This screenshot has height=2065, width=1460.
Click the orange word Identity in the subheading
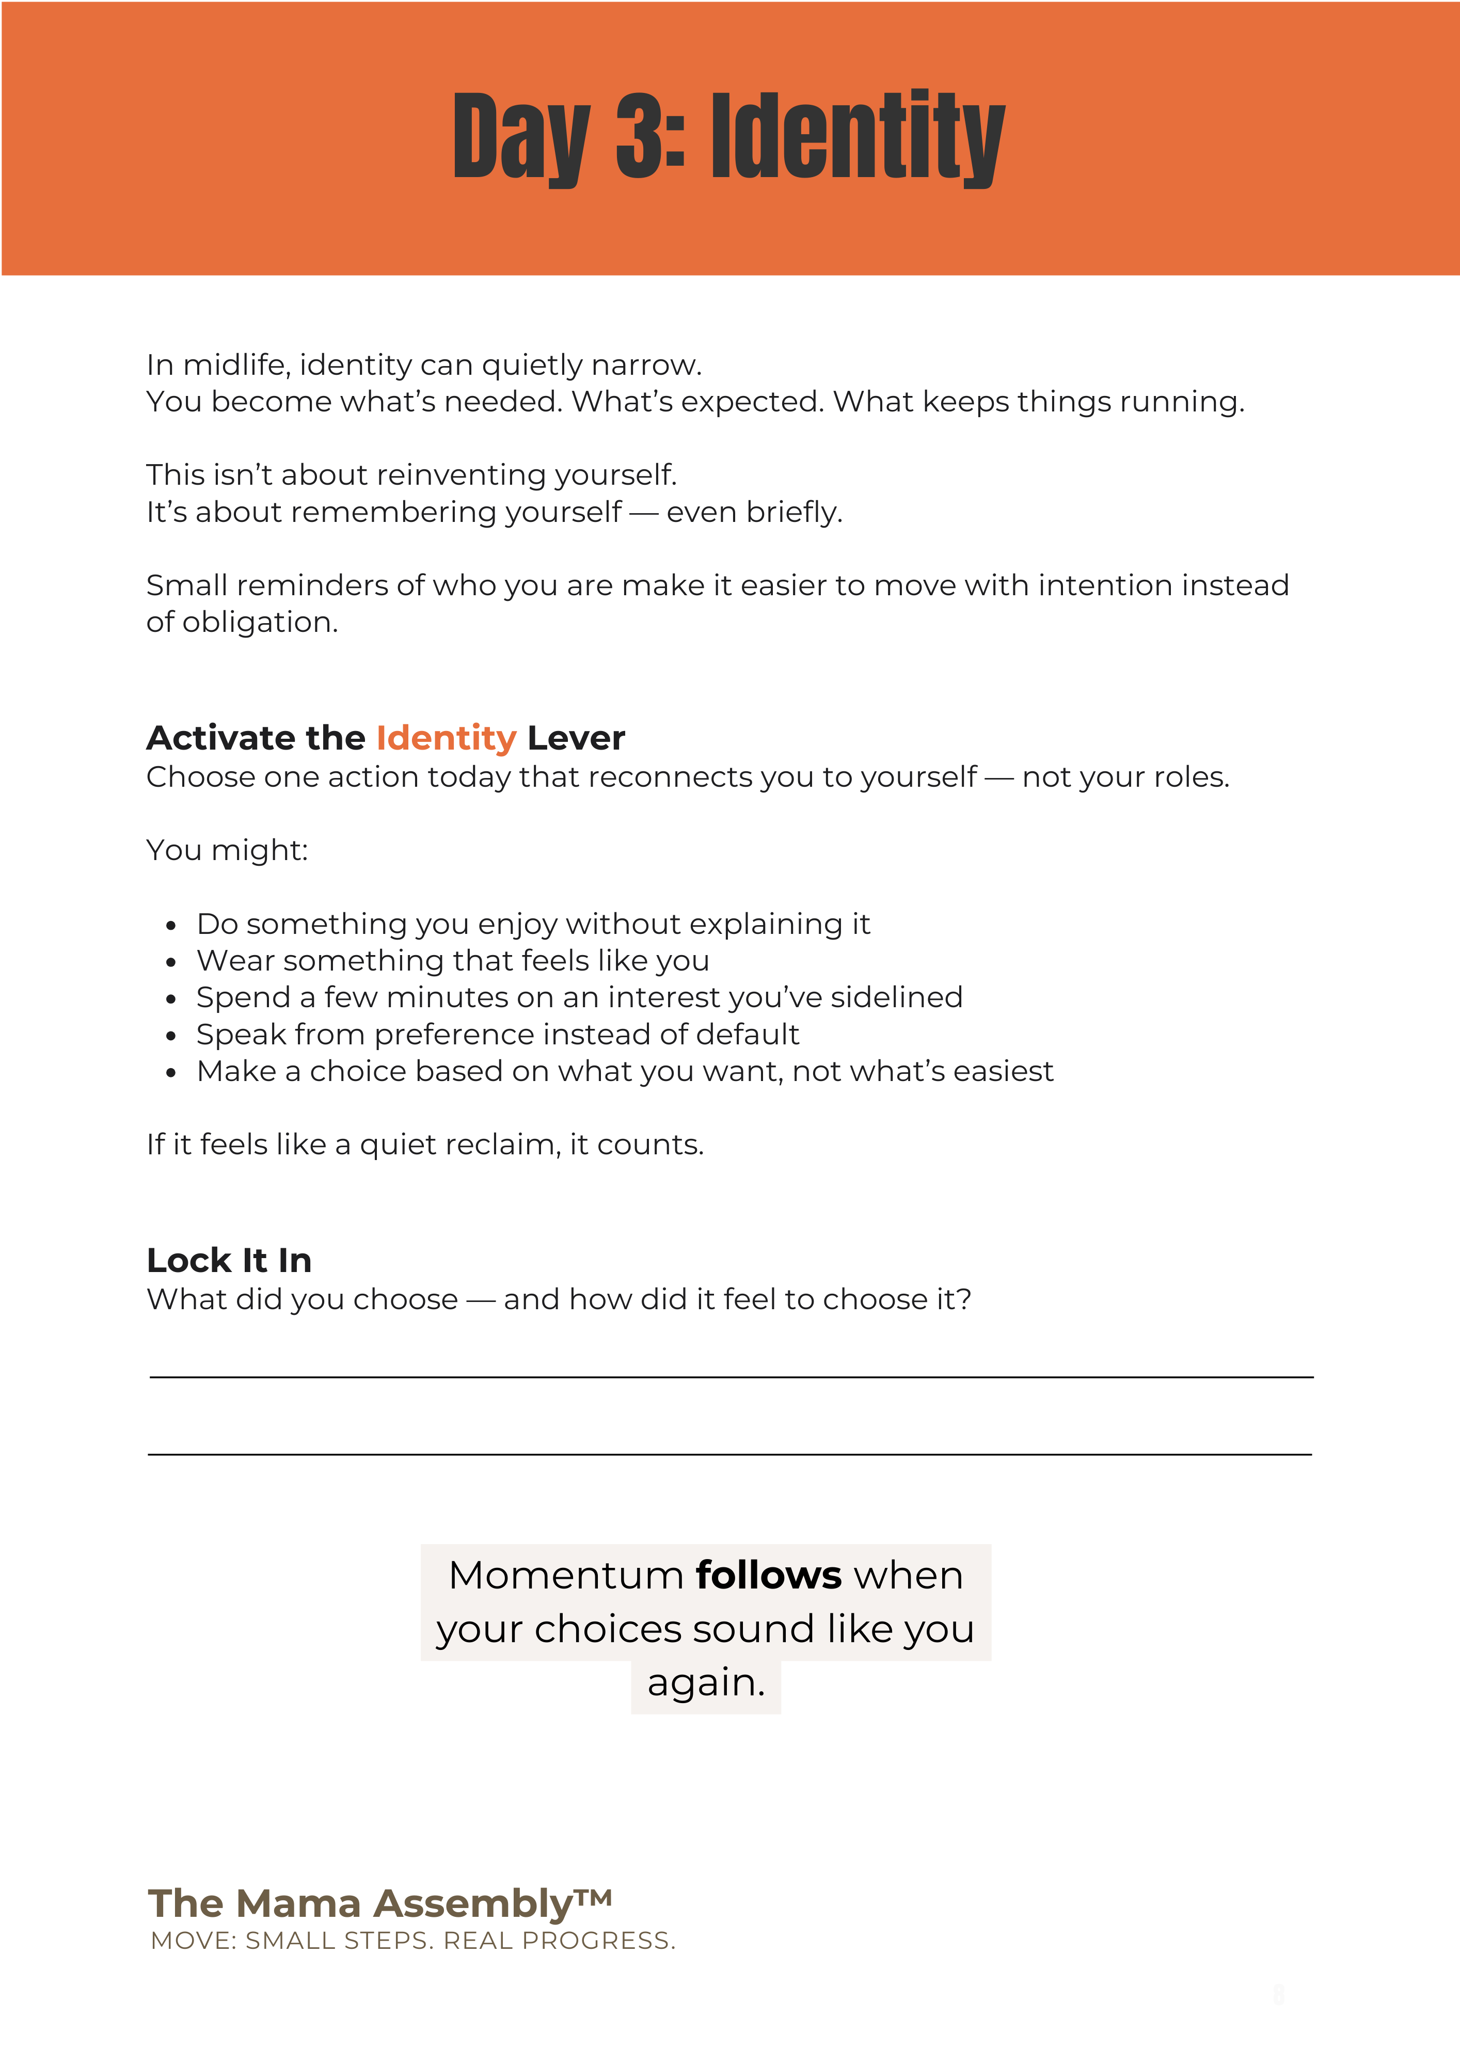(446, 738)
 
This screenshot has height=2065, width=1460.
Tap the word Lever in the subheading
(576, 738)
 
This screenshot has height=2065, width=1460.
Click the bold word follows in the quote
(768, 1575)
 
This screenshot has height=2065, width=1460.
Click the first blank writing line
(731, 1376)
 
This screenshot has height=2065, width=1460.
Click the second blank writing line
(731, 1453)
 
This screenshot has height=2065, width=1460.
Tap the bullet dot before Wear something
(171, 962)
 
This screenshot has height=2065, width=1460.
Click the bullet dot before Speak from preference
(171, 1036)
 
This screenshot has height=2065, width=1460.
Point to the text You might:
(227, 850)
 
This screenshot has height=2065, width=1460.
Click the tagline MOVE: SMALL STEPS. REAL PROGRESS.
(413, 1941)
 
